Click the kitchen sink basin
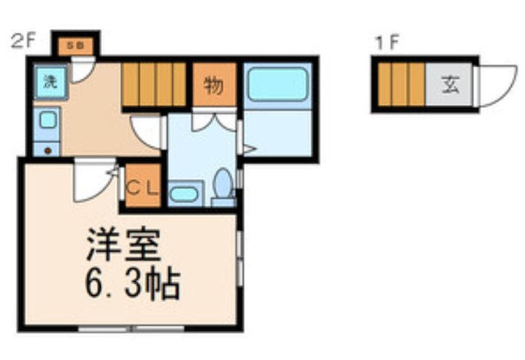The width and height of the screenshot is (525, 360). pos(48,120)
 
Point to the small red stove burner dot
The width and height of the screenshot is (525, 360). pos(48,150)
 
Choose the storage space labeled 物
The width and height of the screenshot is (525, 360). pos(213,85)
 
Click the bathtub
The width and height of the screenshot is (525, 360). pos(277,85)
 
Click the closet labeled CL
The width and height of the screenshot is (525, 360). pos(142,186)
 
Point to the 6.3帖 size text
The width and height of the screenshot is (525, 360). pos(131,283)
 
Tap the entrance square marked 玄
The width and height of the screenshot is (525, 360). pos(449,85)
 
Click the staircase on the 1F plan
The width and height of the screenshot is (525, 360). pos(402,85)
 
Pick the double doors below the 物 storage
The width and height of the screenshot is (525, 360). pos(214,120)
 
